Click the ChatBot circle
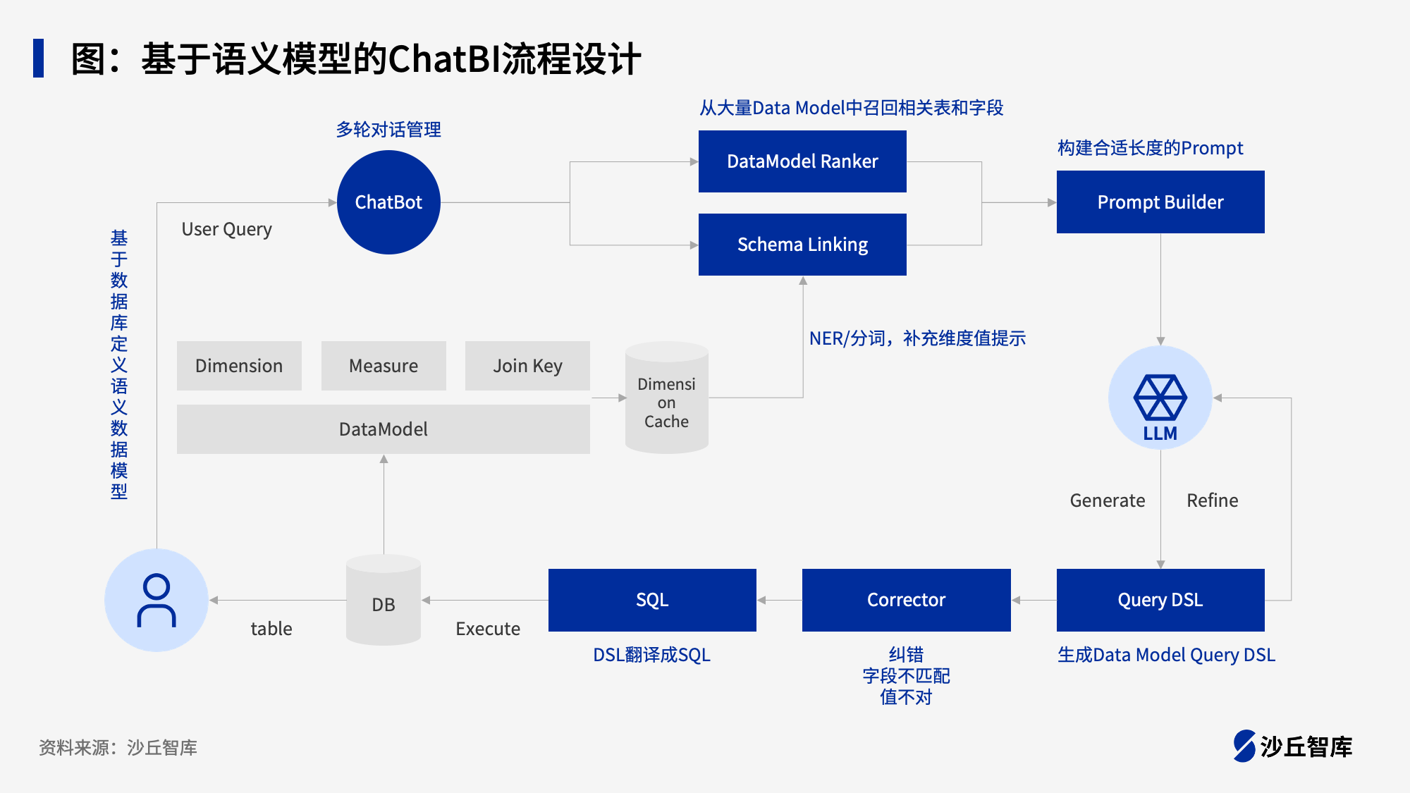[388, 202]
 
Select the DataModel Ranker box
[802, 161]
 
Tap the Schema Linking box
[802, 245]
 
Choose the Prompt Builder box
[1160, 202]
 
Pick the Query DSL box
[1160, 600]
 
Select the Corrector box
[906, 600]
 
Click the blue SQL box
[652, 600]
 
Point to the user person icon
[157, 601]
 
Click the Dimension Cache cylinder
[666, 398]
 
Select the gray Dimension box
[239, 366]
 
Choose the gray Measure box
[384, 366]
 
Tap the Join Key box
[527, 366]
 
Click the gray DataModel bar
[384, 429]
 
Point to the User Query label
[226, 230]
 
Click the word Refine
[1212, 500]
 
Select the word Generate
[1107, 500]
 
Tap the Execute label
[488, 629]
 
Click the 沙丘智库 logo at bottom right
[1293, 746]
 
